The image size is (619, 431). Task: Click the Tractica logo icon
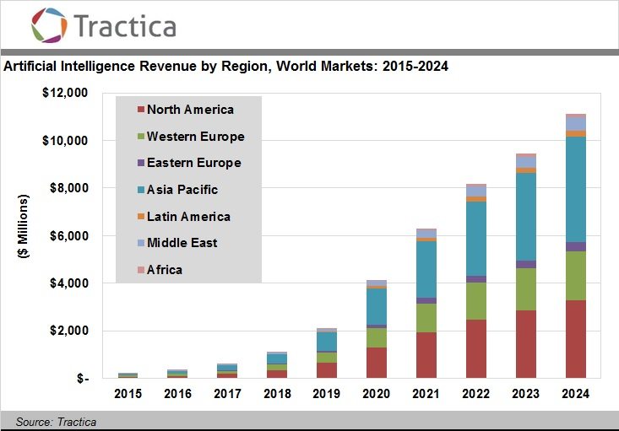click(x=48, y=24)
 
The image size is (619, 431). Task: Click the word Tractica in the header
click(x=125, y=25)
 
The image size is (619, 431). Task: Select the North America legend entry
click(x=190, y=110)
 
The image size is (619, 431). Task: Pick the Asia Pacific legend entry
click(x=182, y=190)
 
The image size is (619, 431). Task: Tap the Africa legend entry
click(x=164, y=270)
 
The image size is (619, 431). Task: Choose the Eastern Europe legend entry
click(x=193, y=163)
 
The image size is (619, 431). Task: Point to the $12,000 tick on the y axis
click(x=65, y=93)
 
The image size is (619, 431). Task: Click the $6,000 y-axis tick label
click(x=68, y=236)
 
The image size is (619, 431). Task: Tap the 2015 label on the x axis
click(x=128, y=394)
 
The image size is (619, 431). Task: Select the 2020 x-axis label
click(x=376, y=394)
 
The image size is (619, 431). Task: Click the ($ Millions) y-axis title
click(x=23, y=237)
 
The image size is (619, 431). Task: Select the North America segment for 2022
click(x=477, y=347)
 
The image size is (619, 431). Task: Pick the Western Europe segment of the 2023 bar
click(x=526, y=288)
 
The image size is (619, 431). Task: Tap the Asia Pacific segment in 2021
click(x=426, y=269)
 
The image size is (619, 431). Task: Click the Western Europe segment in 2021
click(x=426, y=317)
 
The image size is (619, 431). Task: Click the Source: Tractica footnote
click(x=56, y=422)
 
